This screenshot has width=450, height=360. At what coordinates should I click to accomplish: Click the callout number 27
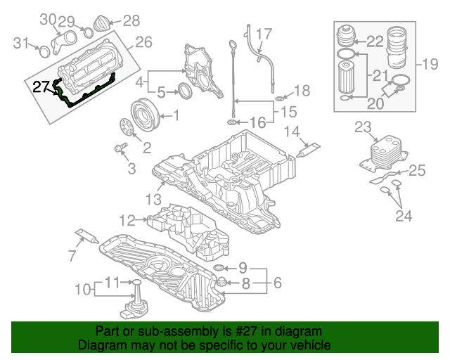tap(41, 86)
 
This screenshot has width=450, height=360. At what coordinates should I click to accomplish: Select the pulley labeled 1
tap(145, 115)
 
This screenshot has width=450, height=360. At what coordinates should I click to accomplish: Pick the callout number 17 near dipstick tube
tap(264, 33)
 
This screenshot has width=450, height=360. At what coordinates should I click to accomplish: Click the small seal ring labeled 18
tap(278, 97)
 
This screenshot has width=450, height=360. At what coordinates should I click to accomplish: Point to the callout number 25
tap(417, 170)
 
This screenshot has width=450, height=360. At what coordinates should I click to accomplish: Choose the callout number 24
tap(403, 216)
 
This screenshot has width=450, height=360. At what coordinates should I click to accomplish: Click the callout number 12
tap(127, 220)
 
